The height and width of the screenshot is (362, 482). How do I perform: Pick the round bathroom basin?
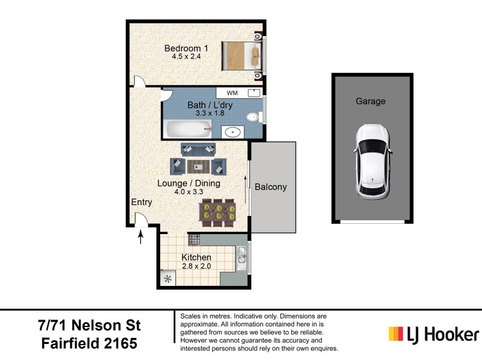click(x=233, y=132)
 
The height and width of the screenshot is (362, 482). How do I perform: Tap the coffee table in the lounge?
click(x=198, y=166)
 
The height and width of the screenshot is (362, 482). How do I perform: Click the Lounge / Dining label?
click(x=189, y=183)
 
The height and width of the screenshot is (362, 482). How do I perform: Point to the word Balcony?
click(x=271, y=187)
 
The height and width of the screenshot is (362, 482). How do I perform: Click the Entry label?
click(x=142, y=202)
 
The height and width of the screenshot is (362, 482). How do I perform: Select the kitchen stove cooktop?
click(x=194, y=240)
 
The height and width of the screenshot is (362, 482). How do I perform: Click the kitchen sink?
click(x=242, y=258)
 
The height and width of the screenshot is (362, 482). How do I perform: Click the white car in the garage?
click(x=372, y=162)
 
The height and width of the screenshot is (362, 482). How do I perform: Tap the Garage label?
click(x=370, y=101)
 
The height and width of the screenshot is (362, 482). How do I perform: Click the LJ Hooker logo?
click(x=434, y=334)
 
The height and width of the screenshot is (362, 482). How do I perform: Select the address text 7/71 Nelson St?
click(x=88, y=326)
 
